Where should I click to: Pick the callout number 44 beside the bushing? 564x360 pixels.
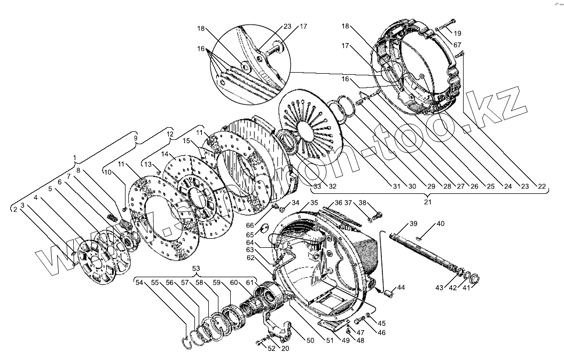point(401,288)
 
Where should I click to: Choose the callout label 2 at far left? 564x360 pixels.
point(15,209)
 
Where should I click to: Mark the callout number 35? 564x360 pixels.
point(314,202)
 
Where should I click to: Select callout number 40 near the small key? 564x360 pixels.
point(441,223)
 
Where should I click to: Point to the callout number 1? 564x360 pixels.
point(75,158)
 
